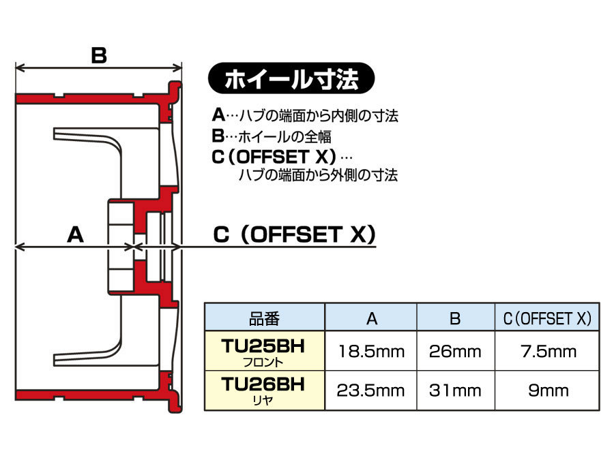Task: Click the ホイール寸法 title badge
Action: [291, 78]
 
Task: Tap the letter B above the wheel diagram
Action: [99, 55]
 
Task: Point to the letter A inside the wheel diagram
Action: [75, 234]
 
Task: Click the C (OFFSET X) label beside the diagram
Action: [295, 234]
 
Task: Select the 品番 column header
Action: [265, 318]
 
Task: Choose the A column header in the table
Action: [372, 318]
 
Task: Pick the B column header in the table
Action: [456, 318]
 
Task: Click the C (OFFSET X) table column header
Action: [547, 318]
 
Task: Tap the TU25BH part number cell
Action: [265, 351]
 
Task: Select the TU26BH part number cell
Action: [265, 390]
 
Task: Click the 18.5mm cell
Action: [372, 351]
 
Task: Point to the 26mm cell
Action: [456, 351]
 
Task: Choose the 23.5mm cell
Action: [371, 390]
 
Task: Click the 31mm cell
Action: [456, 390]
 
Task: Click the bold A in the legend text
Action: [218, 115]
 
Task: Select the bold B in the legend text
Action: [218, 136]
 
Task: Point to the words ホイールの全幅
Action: [284, 136]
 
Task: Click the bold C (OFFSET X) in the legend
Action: [274, 157]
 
